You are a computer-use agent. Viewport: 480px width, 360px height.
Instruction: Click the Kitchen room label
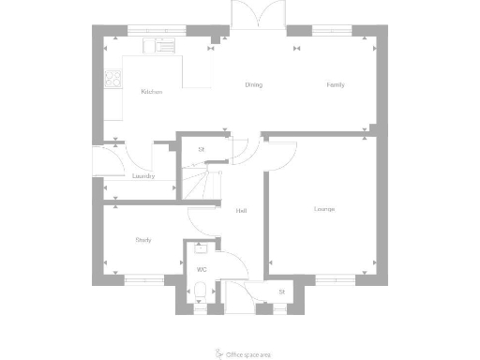152,92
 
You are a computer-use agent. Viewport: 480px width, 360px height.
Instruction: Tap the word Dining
253,85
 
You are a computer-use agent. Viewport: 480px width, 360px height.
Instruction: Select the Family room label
335,85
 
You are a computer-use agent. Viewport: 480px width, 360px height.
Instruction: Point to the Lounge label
324,208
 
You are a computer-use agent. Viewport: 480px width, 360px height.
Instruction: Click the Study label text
143,240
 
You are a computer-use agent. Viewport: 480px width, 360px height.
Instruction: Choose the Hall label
241,210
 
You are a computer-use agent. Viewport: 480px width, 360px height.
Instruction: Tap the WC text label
201,270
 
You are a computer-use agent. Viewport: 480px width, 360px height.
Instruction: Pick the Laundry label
142,175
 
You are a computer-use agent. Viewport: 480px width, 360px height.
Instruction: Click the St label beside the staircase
201,149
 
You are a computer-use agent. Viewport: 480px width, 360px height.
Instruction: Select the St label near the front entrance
281,292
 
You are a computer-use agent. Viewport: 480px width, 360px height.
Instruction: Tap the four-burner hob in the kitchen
112,81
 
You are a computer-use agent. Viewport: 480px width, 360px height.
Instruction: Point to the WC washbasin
201,250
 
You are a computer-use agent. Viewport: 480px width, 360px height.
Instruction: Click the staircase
198,181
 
